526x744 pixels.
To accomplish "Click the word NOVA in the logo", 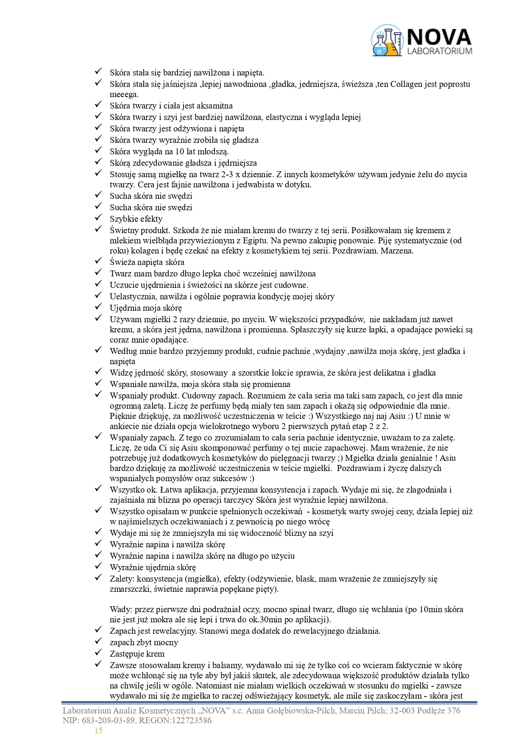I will tap(439, 37).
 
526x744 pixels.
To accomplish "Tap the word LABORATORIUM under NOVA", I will tap(439, 51).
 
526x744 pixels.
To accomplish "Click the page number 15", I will tap(98, 730).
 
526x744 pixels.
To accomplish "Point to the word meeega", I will tap(124, 94).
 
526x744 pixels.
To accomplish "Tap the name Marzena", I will tap(398, 251).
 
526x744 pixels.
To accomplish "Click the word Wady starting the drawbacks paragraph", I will tap(120, 609).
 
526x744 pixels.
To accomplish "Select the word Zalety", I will tap(122, 579).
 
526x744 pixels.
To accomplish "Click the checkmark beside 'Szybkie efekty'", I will tap(98, 218).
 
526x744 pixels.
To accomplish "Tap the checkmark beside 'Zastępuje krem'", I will tap(98, 653).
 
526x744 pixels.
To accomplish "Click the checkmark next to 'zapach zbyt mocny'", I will tap(98, 642).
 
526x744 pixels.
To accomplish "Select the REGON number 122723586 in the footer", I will tap(190, 720).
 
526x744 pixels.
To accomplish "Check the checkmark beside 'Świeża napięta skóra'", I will tap(98, 262).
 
